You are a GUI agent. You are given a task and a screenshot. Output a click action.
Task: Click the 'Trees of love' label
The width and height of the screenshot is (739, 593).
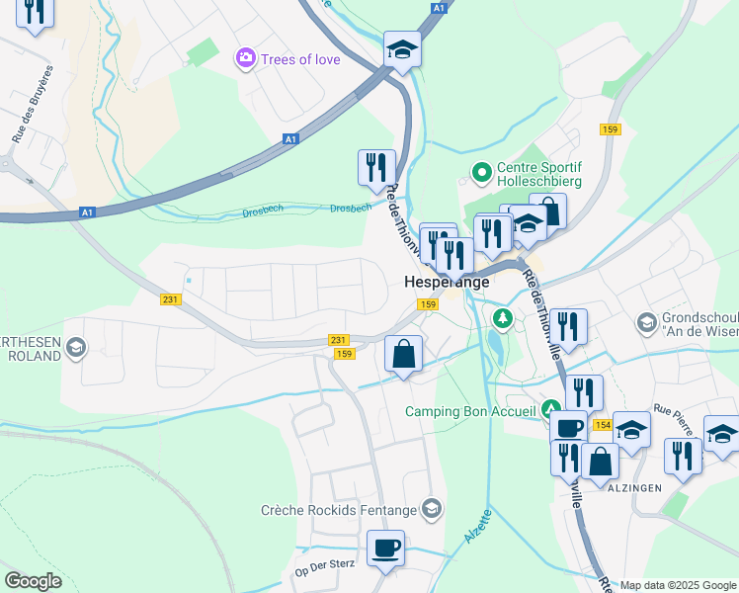tap(300, 59)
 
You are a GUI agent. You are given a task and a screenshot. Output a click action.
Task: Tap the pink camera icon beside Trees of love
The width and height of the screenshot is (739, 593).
tap(244, 59)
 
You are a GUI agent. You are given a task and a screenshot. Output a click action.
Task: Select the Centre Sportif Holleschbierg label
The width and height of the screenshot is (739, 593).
tap(538, 174)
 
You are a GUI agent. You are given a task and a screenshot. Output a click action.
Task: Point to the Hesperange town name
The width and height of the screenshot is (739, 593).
tap(446, 282)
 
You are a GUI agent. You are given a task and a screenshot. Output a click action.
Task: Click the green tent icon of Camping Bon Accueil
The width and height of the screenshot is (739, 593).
tap(549, 410)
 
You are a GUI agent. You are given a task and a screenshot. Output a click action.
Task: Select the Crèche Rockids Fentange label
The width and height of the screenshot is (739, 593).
tap(338, 510)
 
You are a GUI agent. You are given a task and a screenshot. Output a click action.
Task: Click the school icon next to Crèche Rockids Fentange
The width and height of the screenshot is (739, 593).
tap(431, 509)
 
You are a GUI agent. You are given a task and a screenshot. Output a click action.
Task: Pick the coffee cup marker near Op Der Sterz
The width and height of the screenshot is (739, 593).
tap(385, 547)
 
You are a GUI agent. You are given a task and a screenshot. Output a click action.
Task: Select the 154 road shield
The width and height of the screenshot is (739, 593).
tap(602, 425)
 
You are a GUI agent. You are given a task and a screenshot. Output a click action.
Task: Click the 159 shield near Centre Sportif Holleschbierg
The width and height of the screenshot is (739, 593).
tap(610, 129)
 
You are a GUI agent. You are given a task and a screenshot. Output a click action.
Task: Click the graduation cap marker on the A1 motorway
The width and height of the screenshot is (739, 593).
tap(402, 47)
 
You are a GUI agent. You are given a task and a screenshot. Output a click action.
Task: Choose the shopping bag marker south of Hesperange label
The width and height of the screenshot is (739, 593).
tap(403, 353)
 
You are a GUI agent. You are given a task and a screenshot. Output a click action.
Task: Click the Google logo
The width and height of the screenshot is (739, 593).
tap(34, 581)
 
